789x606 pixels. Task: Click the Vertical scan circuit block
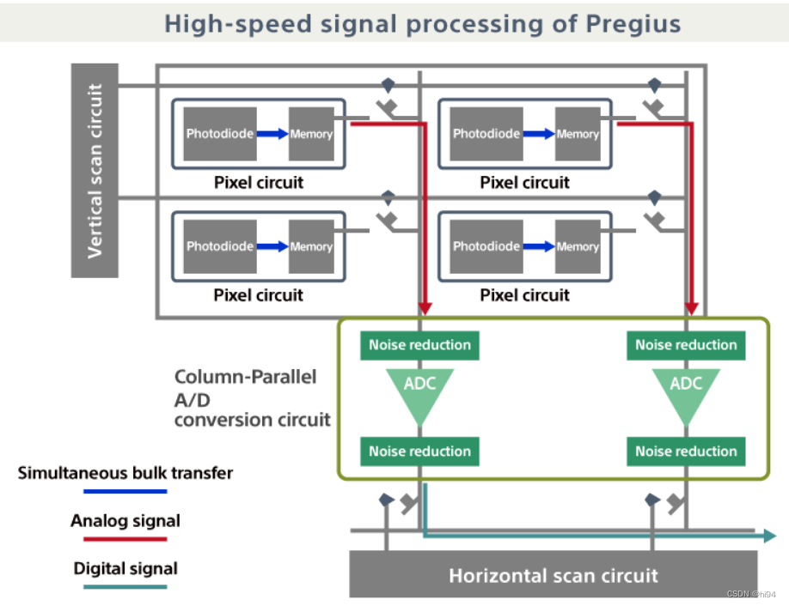[95, 170]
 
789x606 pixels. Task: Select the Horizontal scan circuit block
[553, 574]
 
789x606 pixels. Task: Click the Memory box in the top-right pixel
[578, 134]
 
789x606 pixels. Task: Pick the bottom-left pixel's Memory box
[311, 246]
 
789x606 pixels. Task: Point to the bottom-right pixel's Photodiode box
[487, 246]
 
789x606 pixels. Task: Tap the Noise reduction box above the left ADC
[419, 345]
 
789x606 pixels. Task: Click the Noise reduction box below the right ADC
[686, 451]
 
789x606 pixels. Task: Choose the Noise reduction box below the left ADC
[419, 451]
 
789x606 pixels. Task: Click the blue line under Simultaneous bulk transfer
[125, 492]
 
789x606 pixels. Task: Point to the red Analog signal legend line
[125, 539]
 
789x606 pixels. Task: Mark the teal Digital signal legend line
[125, 587]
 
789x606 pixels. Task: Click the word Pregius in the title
[633, 23]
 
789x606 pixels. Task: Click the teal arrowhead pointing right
[768, 536]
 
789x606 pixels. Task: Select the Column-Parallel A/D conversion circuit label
[252, 398]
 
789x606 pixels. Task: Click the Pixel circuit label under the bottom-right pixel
[524, 295]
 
